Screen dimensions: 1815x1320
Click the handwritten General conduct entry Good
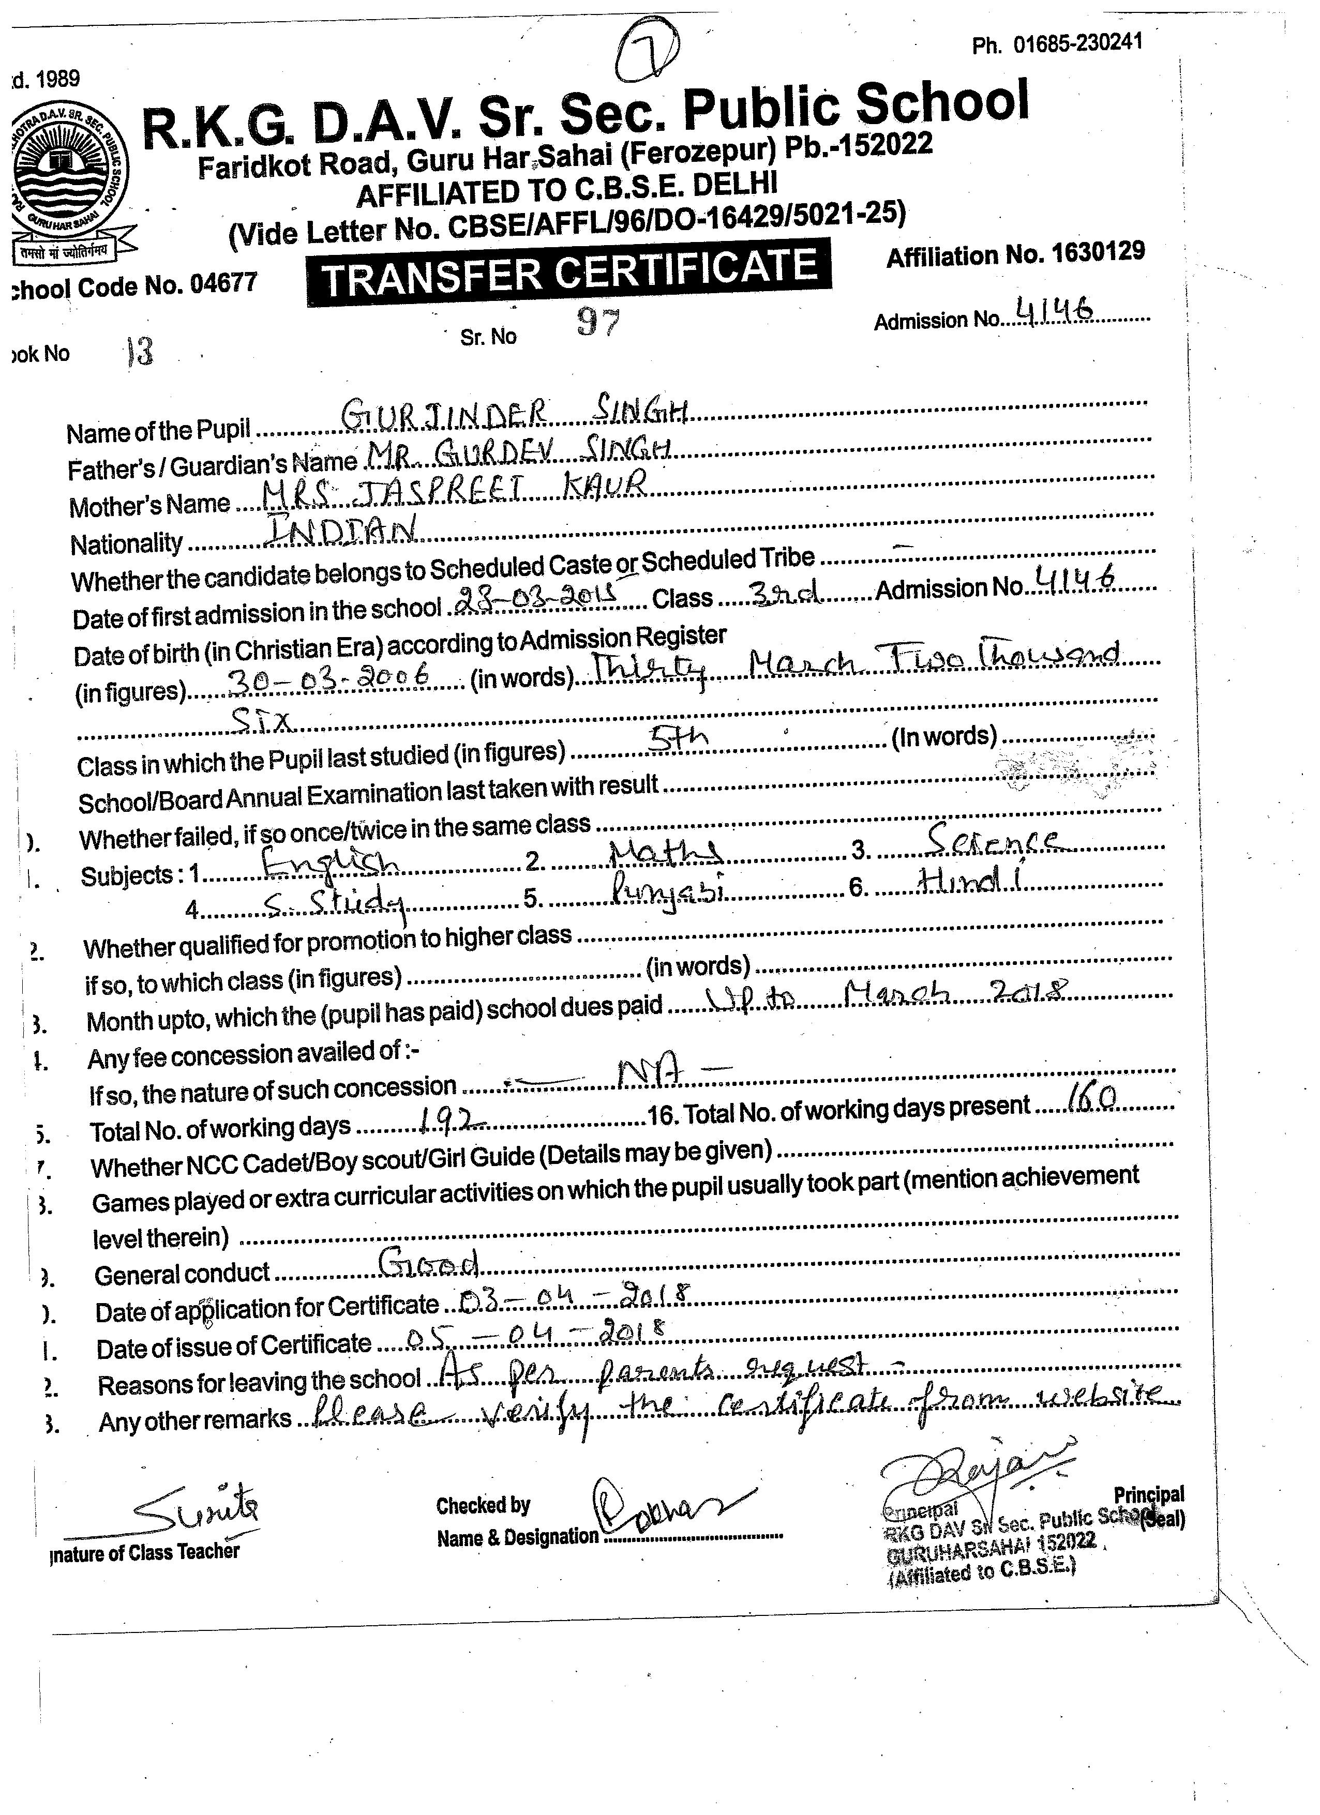point(428,1264)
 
